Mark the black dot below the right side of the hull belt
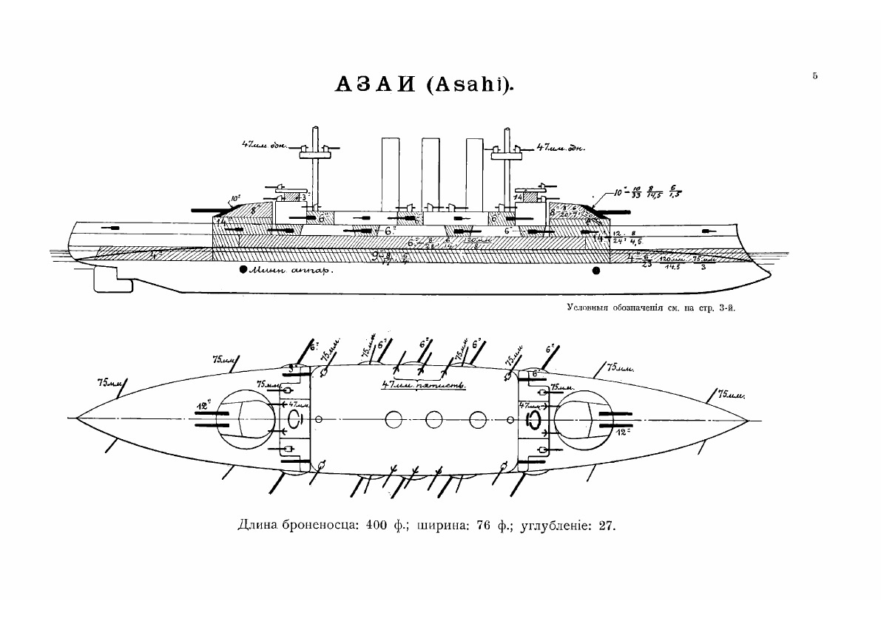point(596,271)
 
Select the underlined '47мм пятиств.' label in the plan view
point(422,385)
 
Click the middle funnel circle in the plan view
point(434,420)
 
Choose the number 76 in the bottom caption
point(485,526)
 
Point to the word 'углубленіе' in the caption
point(554,527)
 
